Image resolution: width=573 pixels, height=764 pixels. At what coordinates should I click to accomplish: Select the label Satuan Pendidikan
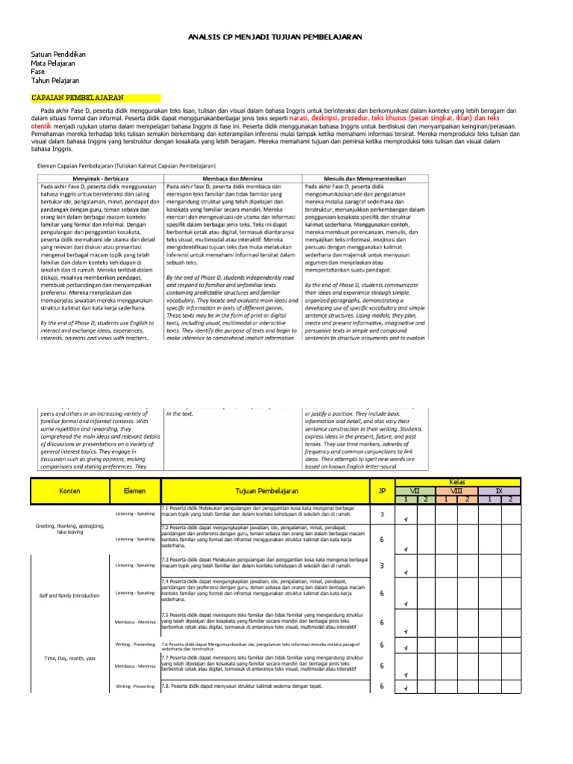click(x=58, y=55)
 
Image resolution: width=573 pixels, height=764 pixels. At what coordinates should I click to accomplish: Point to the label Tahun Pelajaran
click(x=54, y=81)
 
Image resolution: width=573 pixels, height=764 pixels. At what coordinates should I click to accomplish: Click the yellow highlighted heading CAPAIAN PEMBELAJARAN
click(x=77, y=98)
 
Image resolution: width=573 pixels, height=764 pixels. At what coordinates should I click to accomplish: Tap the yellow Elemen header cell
click(x=130, y=491)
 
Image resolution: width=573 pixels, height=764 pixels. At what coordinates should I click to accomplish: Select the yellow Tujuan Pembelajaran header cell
click(x=266, y=491)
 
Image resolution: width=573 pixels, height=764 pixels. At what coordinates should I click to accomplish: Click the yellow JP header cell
click(x=382, y=491)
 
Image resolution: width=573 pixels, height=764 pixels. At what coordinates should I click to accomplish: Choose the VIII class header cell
click(x=457, y=490)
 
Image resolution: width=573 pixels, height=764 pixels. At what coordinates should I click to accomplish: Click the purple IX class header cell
click(x=499, y=490)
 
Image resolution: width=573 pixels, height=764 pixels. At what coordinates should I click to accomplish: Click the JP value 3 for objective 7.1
click(x=382, y=514)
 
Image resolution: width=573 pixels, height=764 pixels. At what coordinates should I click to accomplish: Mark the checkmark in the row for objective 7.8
click(x=404, y=689)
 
